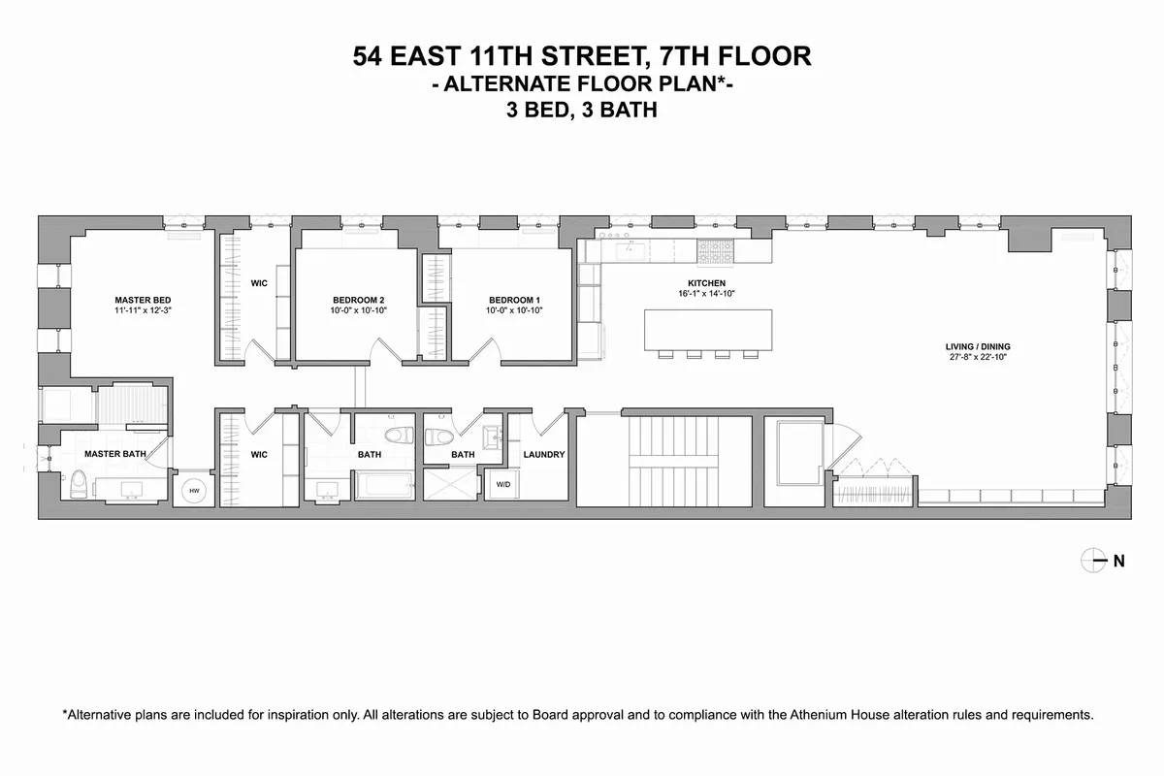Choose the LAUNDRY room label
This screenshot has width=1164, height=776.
(x=543, y=454)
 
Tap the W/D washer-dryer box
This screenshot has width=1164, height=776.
(x=504, y=483)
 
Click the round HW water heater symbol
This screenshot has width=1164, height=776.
(x=193, y=492)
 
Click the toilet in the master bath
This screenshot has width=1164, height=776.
(x=79, y=482)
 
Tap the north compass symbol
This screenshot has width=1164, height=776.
(x=1093, y=559)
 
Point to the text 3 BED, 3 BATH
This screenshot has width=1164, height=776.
(x=582, y=111)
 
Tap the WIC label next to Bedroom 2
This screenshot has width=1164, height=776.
(x=259, y=283)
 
